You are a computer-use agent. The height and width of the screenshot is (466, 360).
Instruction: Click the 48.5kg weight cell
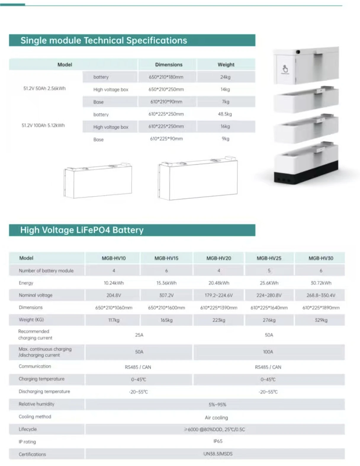(x=225, y=114)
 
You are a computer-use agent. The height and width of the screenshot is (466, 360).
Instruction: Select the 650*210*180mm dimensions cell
(x=166, y=77)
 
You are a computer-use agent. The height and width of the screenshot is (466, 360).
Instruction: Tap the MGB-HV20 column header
(x=218, y=258)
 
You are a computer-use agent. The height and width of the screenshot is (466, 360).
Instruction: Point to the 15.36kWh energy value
(x=166, y=283)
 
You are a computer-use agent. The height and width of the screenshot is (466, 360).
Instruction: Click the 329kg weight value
(x=321, y=320)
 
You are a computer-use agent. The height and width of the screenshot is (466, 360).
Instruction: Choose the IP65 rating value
(x=218, y=441)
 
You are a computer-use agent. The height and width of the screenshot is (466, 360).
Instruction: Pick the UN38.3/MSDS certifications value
(x=218, y=454)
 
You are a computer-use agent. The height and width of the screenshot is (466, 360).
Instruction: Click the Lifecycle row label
(x=28, y=429)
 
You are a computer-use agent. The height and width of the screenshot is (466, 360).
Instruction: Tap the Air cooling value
(x=216, y=417)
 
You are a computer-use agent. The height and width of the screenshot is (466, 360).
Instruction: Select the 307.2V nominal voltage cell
(x=166, y=295)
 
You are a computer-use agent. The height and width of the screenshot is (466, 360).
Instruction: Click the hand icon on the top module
(x=285, y=69)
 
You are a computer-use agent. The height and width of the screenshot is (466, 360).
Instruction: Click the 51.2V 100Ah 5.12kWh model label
(x=43, y=125)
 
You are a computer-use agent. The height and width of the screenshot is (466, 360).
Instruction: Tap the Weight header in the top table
(x=226, y=65)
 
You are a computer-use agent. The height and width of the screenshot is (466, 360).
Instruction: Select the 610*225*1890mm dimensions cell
(x=321, y=308)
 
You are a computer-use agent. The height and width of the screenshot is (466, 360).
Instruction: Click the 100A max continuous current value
(x=268, y=352)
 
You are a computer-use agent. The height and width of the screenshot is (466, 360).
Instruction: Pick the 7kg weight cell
(x=226, y=102)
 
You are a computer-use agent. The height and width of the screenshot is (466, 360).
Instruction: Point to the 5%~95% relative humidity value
(x=217, y=404)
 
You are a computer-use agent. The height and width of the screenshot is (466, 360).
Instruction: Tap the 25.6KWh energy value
(x=269, y=283)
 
